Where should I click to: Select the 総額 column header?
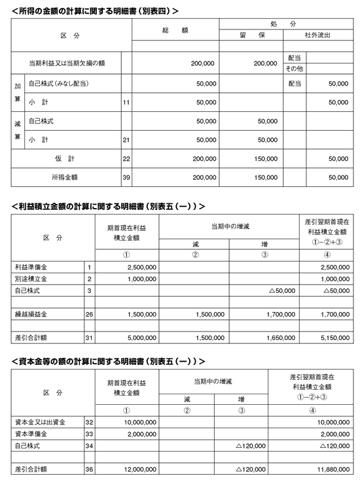pos(175,31)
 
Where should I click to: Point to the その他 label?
pos(293,69)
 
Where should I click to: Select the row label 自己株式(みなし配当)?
pos(59,84)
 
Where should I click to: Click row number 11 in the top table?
pos(126,103)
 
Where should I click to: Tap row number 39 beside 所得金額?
pos(126,177)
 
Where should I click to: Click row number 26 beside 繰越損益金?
pos(89,314)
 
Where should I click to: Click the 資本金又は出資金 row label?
pos(39,422)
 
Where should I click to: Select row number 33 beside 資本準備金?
pos(89,434)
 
